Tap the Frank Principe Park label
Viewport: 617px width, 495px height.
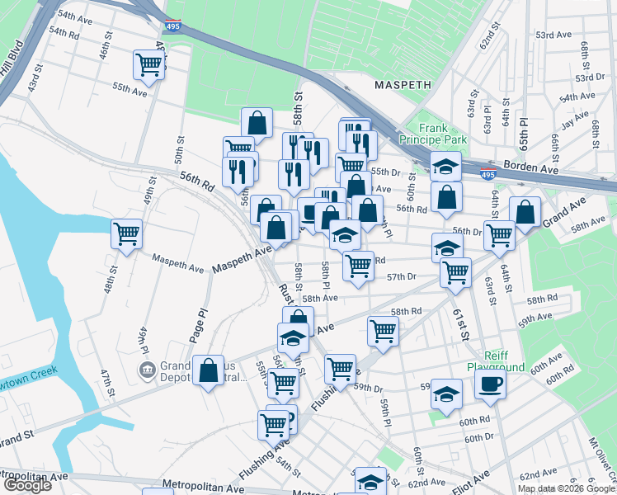[444, 134]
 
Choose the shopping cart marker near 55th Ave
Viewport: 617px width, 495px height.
[148, 64]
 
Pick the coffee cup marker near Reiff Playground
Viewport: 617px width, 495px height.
[490, 383]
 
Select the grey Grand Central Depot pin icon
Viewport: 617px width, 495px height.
[148, 369]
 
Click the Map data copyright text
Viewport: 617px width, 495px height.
[566, 488]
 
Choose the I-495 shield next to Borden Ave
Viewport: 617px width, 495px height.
[488, 175]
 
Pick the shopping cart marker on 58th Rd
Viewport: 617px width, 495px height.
[383, 330]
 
